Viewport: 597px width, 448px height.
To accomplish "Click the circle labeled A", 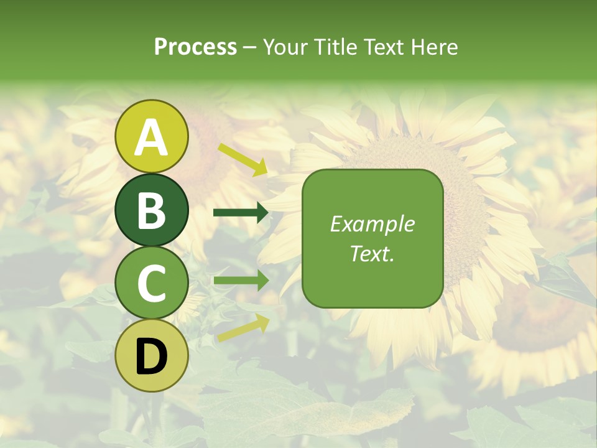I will pos(152,136).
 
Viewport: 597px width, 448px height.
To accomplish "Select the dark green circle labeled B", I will pos(152,210).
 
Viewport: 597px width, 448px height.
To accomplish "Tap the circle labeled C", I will pos(152,282).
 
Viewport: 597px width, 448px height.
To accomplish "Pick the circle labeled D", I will pos(152,355).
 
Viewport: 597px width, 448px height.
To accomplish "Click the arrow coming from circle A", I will pos(243,159).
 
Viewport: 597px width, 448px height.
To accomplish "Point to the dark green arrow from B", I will pos(241,213).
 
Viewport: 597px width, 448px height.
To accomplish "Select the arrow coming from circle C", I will pos(241,280).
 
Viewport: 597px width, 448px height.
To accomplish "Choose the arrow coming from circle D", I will pos(243,329).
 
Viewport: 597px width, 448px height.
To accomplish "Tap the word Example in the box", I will pos(373,224).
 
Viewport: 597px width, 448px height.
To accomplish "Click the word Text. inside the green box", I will pos(373,253).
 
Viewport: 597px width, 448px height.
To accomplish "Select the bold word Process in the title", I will pos(195,47).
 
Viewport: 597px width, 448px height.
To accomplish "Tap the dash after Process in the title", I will pos(249,47).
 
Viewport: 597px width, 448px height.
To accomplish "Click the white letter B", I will pos(152,210).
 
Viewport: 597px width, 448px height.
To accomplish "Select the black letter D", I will pos(152,356).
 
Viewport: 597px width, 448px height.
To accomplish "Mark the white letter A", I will pos(152,137).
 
